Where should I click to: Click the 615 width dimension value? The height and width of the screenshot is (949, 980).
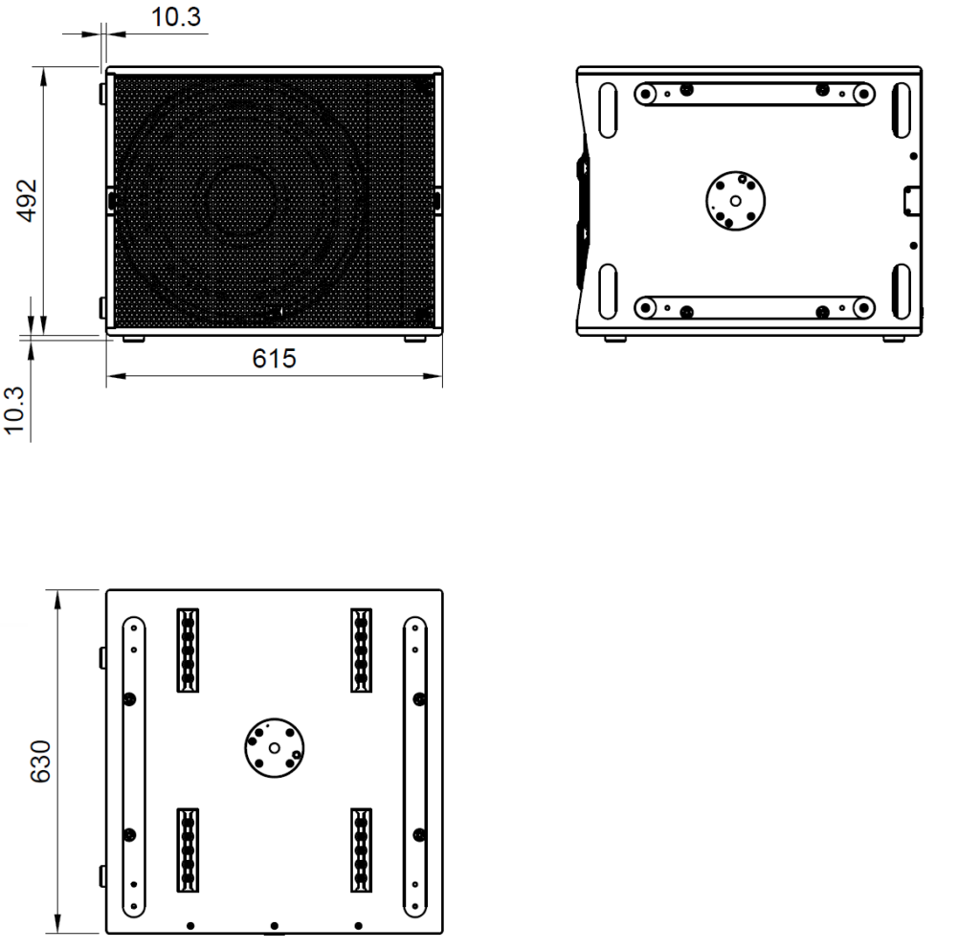[274, 359]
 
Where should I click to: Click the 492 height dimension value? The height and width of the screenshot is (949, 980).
[28, 201]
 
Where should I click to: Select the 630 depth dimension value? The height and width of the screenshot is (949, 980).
[40, 761]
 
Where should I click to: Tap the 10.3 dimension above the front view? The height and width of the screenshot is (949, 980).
[176, 17]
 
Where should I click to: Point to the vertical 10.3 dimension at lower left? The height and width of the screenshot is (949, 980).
[14, 410]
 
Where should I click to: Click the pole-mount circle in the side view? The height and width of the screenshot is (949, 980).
[736, 201]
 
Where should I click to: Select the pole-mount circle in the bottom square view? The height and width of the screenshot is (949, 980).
[275, 748]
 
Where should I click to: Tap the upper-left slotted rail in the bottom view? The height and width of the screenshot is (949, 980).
[188, 651]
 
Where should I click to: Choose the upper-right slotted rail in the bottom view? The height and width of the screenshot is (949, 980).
[361, 651]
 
